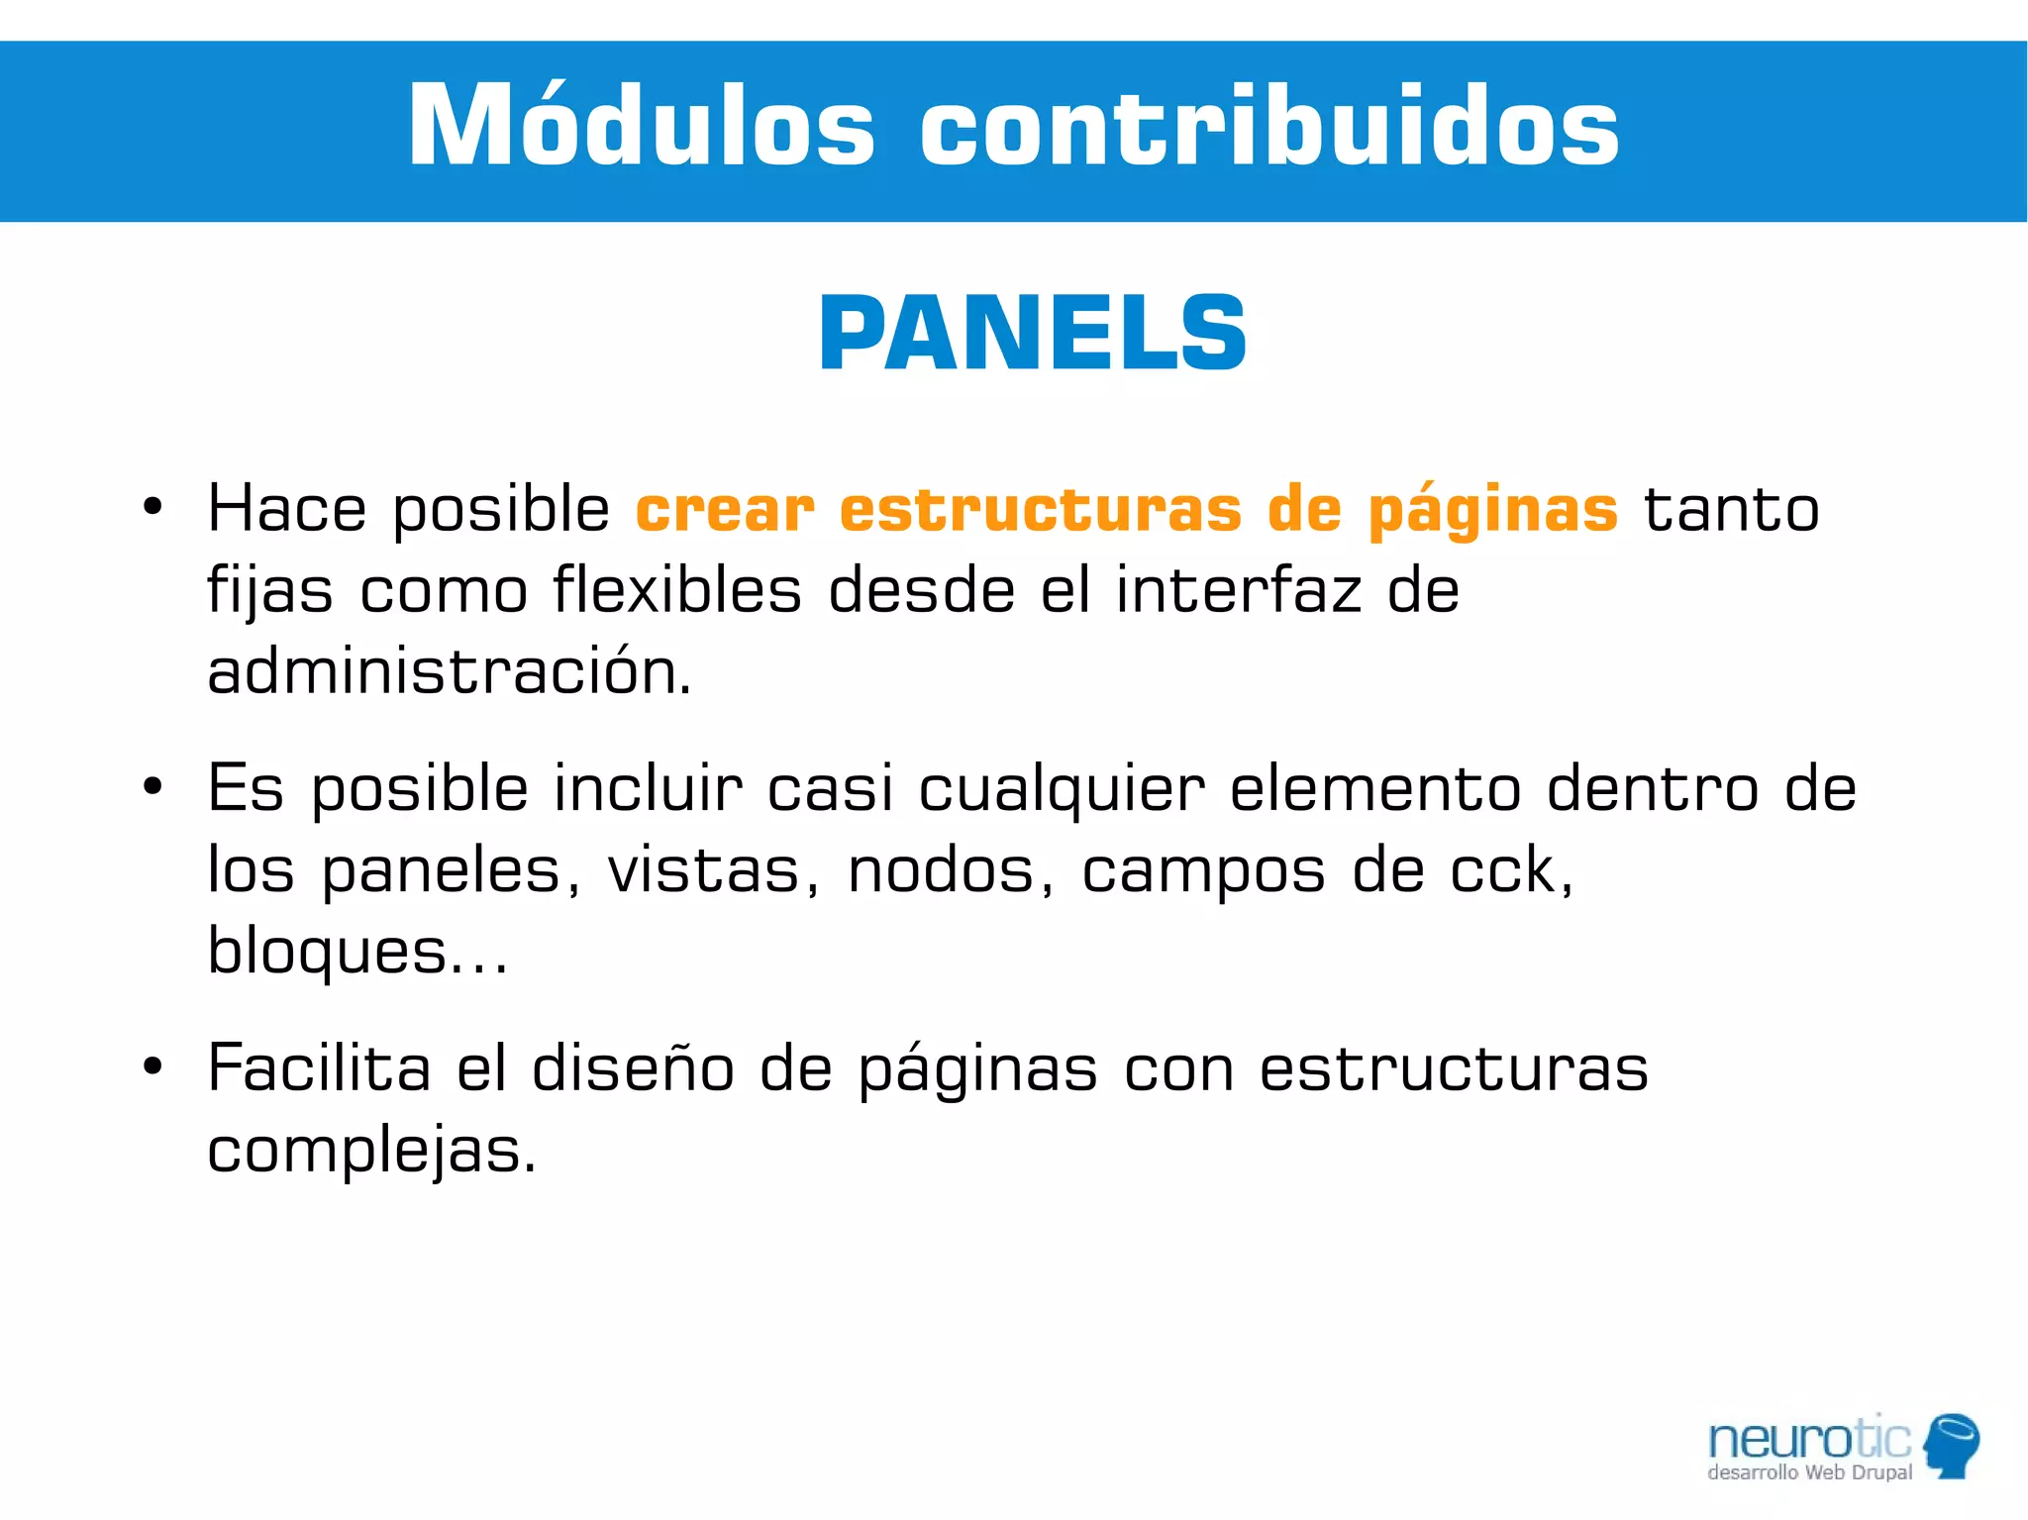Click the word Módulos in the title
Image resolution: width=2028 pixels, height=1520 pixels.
click(x=642, y=127)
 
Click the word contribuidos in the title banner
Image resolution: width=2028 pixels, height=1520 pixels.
click(x=1269, y=127)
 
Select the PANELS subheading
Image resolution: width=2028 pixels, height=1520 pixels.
click(x=1033, y=334)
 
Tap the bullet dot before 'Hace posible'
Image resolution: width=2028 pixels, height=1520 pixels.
click(x=152, y=508)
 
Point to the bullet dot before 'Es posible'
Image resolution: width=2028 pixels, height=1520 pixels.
click(x=152, y=788)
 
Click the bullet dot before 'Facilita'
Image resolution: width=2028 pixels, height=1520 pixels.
click(x=152, y=1067)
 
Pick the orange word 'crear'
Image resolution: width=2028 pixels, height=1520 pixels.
click(x=725, y=510)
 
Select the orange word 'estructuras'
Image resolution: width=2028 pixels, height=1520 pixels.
click(x=1040, y=510)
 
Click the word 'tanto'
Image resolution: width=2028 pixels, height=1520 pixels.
click(x=1731, y=510)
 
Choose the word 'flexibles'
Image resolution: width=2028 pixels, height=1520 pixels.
click(x=676, y=591)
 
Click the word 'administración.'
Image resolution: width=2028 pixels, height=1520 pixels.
click(x=449, y=672)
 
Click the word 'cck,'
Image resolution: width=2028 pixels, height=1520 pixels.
click(x=1511, y=871)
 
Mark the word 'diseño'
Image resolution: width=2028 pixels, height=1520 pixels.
click(x=633, y=1069)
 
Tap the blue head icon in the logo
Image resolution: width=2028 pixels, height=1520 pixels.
click(x=1952, y=1445)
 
